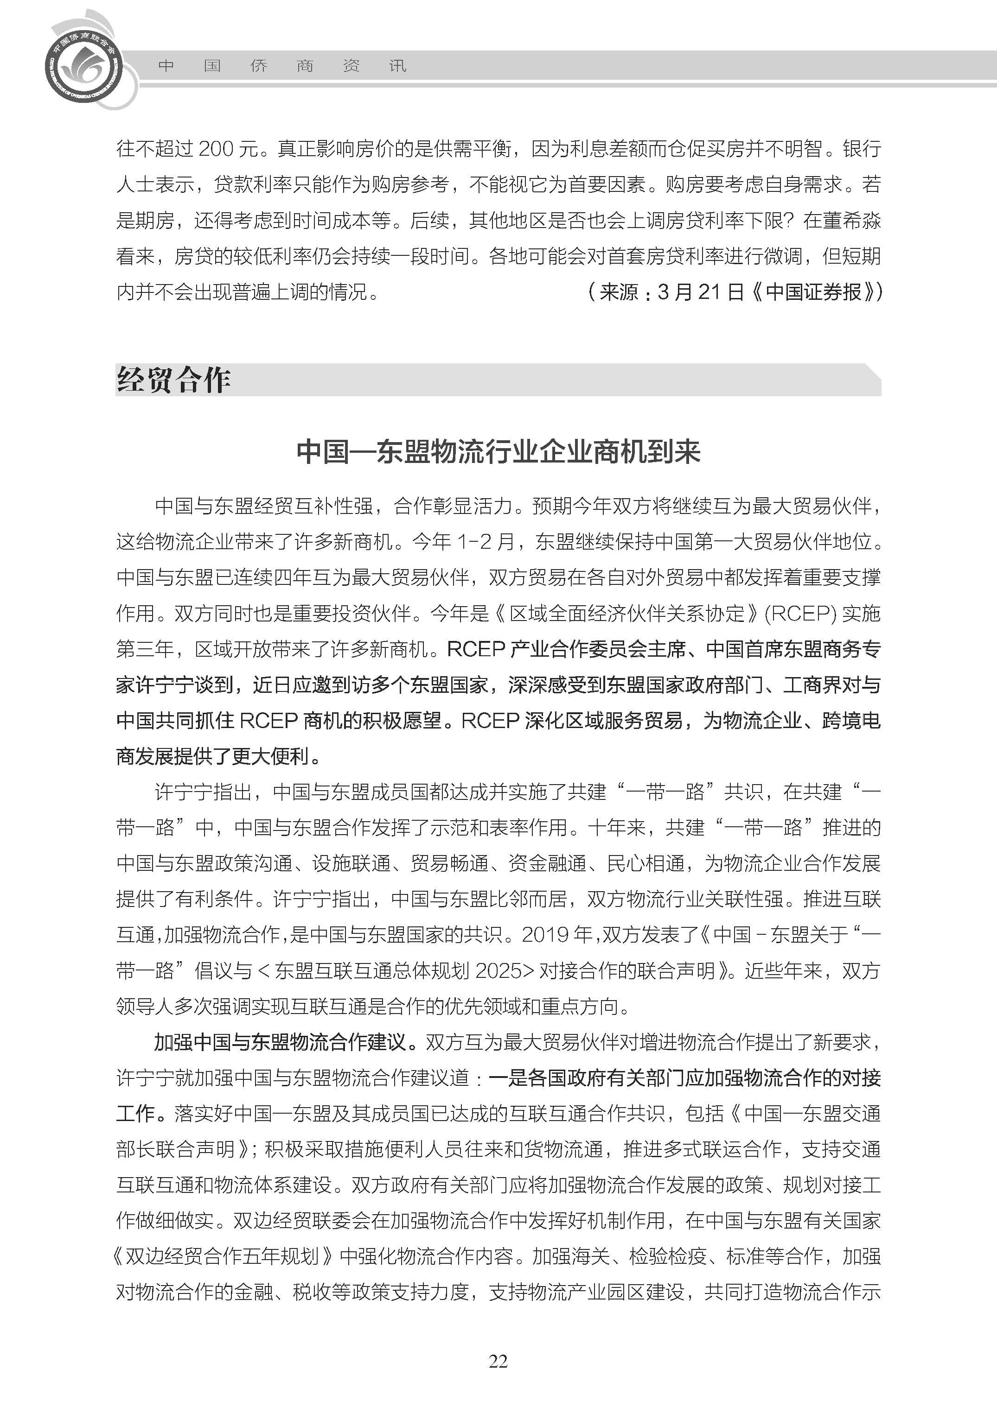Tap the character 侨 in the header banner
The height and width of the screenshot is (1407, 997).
coord(258,66)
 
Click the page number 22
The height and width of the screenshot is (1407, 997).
coord(498,1361)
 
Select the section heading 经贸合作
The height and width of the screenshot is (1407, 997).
coord(174,380)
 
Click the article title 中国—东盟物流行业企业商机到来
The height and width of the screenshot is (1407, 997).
coord(498,451)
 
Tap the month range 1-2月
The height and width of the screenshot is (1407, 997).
coord(486,541)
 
